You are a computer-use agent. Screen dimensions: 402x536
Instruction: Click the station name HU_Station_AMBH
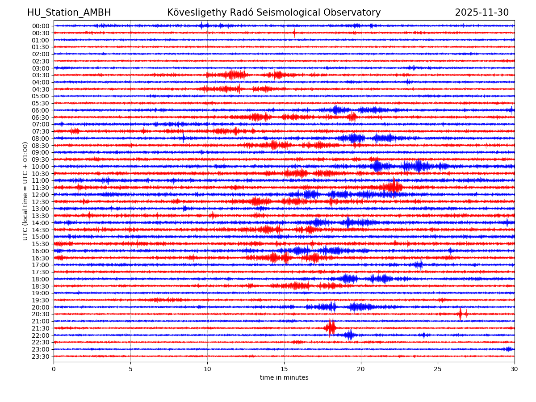pos(69,13)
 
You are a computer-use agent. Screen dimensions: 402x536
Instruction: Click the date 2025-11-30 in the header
pos(482,13)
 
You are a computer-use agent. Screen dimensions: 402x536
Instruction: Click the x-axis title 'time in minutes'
pos(284,378)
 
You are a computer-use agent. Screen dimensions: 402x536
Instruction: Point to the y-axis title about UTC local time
pos(25,191)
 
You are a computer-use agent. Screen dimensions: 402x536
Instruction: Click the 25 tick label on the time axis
pos(438,369)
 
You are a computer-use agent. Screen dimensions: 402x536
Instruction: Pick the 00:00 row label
pos(41,26)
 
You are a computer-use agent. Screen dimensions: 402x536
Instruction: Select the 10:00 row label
pos(41,167)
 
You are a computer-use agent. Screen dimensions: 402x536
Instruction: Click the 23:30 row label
pos(41,356)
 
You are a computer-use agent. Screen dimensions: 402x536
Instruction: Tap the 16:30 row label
pos(41,258)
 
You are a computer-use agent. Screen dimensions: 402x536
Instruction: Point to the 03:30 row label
pos(41,75)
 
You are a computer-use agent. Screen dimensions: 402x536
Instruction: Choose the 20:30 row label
pos(41,314)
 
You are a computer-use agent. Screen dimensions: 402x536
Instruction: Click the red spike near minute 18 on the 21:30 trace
pos(331,328)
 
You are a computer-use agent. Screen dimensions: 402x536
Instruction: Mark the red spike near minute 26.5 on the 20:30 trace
pos(461,314)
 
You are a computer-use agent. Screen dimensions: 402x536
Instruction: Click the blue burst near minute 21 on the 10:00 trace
pos(377,167)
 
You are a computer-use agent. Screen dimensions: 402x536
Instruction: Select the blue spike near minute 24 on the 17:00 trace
pos(419,265)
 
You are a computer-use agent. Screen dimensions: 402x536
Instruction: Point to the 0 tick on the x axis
pos(54,369)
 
